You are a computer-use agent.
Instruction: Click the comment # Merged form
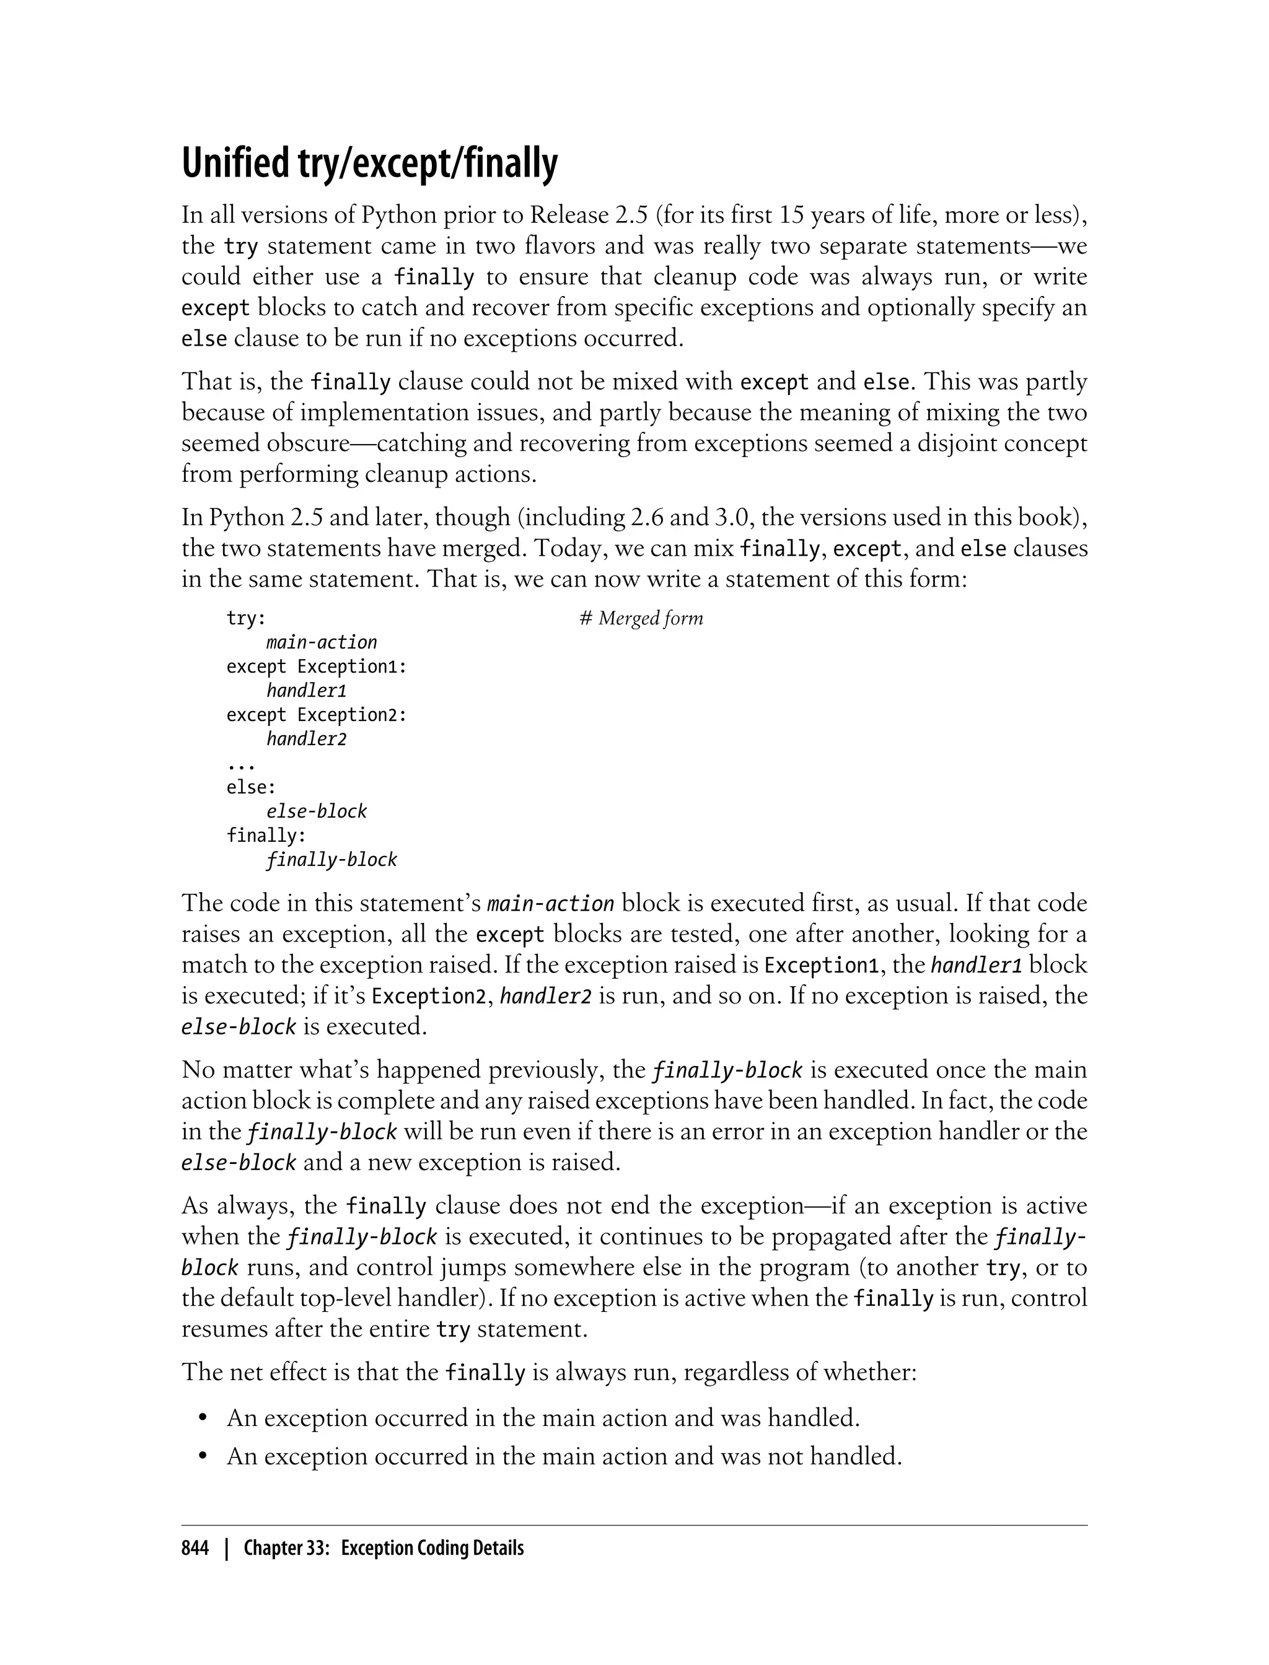(x=641, y=618)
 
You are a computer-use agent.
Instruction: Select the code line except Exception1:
(x=317, y=666)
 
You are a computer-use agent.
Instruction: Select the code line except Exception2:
(x=317, y=715)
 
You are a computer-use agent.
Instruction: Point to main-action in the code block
(x=321, y=642)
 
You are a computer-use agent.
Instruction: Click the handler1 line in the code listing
(x=306, y=691)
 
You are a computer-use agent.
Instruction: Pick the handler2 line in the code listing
(x=306, y=739)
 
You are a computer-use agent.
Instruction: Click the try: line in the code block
(x=246, y=618)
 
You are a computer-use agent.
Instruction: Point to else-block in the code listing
(x=317, y=811)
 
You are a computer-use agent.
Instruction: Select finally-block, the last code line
(x=332, y=860)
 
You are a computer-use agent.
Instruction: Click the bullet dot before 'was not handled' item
(x=203, y=1457)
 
